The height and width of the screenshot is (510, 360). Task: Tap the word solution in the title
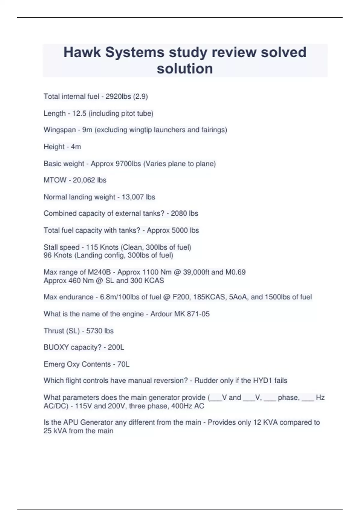pos(185,68)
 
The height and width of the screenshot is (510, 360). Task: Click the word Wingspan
pos(60,130)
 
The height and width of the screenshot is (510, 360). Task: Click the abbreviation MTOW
pos(55,180)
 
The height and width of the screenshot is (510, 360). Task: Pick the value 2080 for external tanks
pos(179,213)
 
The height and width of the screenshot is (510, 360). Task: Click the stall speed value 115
pos(92,247)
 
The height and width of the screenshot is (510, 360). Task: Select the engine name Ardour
pos(162,314)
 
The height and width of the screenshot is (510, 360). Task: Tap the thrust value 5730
pos(94,331)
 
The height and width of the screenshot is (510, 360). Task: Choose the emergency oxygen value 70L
pos(123,364)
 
